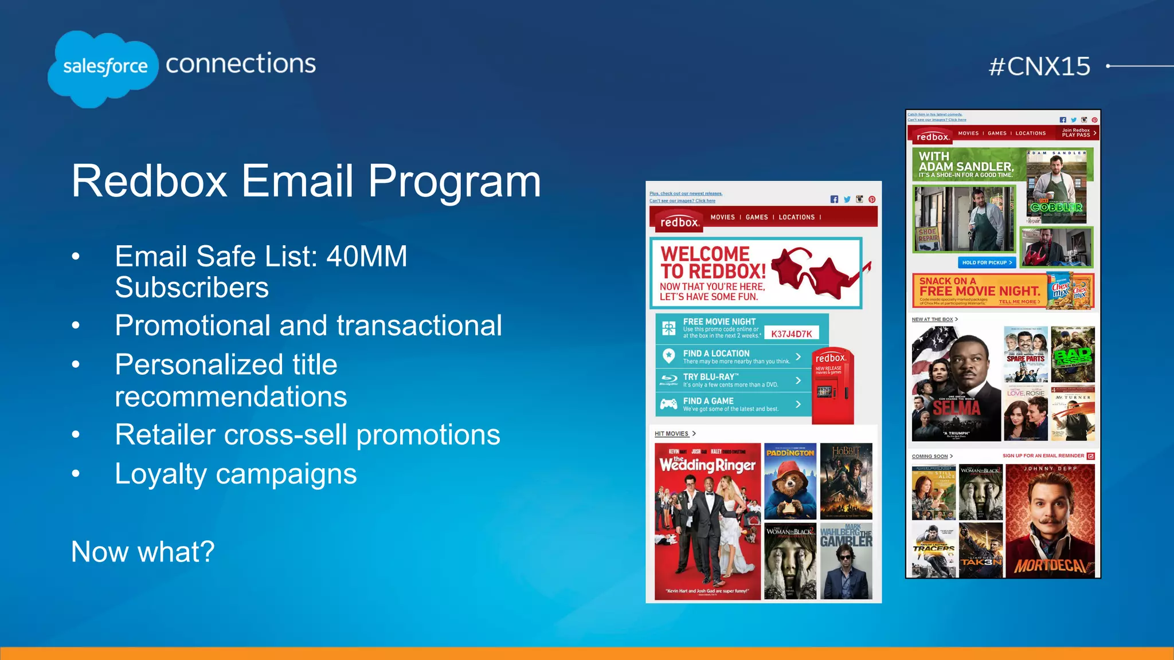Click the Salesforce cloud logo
pyautogui.click(x=103, y=68)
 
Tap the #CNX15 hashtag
pyautogui.click(x=1039, y=66)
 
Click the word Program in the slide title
pyautogui.click(x=454, y=182)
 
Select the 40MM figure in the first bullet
pyautogui.click(x=367, y=256)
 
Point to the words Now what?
pyautogui.click(x=143, y=552)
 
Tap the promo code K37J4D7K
pyautogui.click(x=792, y=334)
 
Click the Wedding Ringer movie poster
pyautogui.click(x=707, y=521)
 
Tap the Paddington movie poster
pyautogui.click(x=790, y=481)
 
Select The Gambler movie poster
pyautogui.click(x=846, y=561)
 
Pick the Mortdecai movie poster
pyautogui.click(x=1050, y=520)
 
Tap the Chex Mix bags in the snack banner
pyautogui.click(x=1070, y=290)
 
